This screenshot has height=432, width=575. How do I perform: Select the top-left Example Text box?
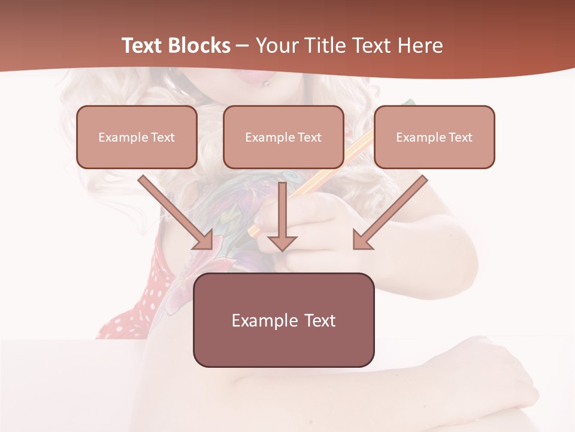(137, 137)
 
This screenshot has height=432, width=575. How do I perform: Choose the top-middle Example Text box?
(283, 137)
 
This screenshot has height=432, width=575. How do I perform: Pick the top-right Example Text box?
(434, 137)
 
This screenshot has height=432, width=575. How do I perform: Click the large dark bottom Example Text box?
(283, 320)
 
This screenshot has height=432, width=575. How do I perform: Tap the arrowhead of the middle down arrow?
(282, 242)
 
